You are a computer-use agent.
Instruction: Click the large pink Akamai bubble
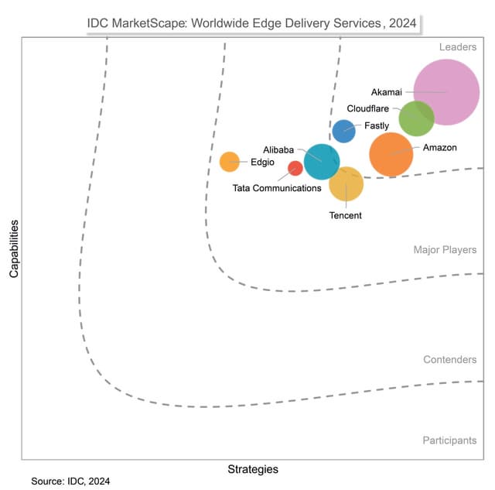click(446, 92)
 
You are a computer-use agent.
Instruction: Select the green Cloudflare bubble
click(416, 118)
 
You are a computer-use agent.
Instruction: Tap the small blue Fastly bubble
click(343, 131)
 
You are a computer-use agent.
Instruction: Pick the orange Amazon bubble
click(391, 154)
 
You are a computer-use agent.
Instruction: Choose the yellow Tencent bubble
click(346, 183)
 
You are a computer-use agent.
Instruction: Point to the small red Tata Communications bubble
click(295, 168)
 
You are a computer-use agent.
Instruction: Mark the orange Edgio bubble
click(229, 162)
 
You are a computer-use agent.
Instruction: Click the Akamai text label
click(387, 92)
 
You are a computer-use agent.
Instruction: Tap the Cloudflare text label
click(367, 109)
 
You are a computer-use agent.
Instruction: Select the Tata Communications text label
click(277, 188)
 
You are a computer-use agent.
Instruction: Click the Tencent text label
click(345, 216)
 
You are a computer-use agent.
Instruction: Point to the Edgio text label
click(261, 163)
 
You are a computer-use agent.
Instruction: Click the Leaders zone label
click(458, 47)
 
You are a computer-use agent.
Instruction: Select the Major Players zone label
click(445, 250)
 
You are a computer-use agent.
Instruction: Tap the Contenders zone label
click(449, 360)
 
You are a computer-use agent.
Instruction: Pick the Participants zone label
click(449, 440)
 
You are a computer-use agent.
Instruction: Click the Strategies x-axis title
click(252, 469)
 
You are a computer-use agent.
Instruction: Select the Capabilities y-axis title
click(14, 248)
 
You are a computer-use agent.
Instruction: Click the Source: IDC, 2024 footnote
click(70, 481)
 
